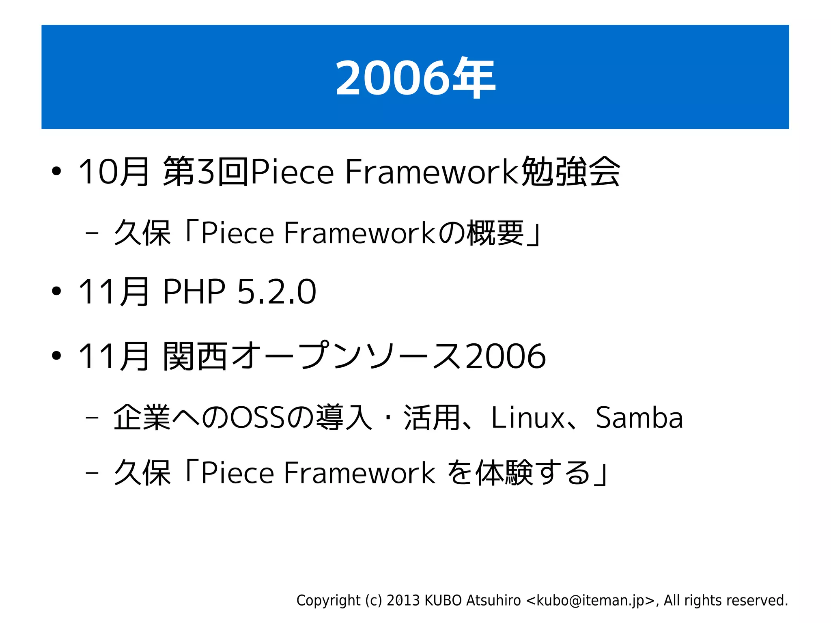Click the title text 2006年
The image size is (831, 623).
(x=415, y=78)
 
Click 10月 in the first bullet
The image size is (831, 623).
(x=114, y=172)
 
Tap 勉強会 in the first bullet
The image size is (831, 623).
(x=570, y=172)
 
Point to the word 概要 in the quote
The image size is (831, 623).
(x=495, y=233)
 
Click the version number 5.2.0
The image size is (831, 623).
(x=276, y=291)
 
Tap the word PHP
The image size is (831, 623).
(x=194, y=291)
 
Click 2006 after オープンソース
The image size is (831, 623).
(x=505, y=356)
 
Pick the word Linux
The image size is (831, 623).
(x=527, y=418)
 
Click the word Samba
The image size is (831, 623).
(x=639, y=418)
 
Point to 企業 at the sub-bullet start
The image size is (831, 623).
(x=142, y=418)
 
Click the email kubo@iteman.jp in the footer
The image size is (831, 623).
(x=590, y=600)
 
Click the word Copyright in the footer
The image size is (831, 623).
(x=328, y=600)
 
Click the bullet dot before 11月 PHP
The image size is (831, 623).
(x=56, y=291)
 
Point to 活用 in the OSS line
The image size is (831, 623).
(x=432, y=418)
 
